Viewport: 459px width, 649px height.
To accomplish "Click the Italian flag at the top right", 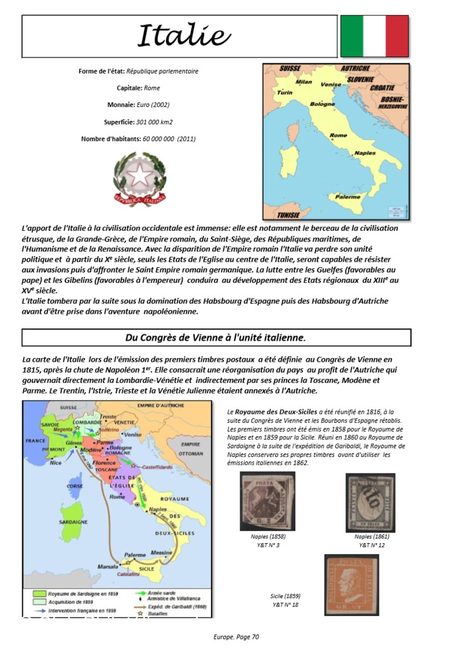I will point(374,36).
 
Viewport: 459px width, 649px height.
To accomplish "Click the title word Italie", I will point(184,36).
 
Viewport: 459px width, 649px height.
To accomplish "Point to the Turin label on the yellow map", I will point(285,93).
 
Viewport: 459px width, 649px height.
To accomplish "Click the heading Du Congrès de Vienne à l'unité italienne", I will point(217,337).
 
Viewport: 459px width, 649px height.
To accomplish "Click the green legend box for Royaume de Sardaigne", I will point(36,593).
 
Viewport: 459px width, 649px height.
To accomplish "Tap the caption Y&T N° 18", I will point(285,605).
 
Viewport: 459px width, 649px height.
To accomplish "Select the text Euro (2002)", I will point(152,104).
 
